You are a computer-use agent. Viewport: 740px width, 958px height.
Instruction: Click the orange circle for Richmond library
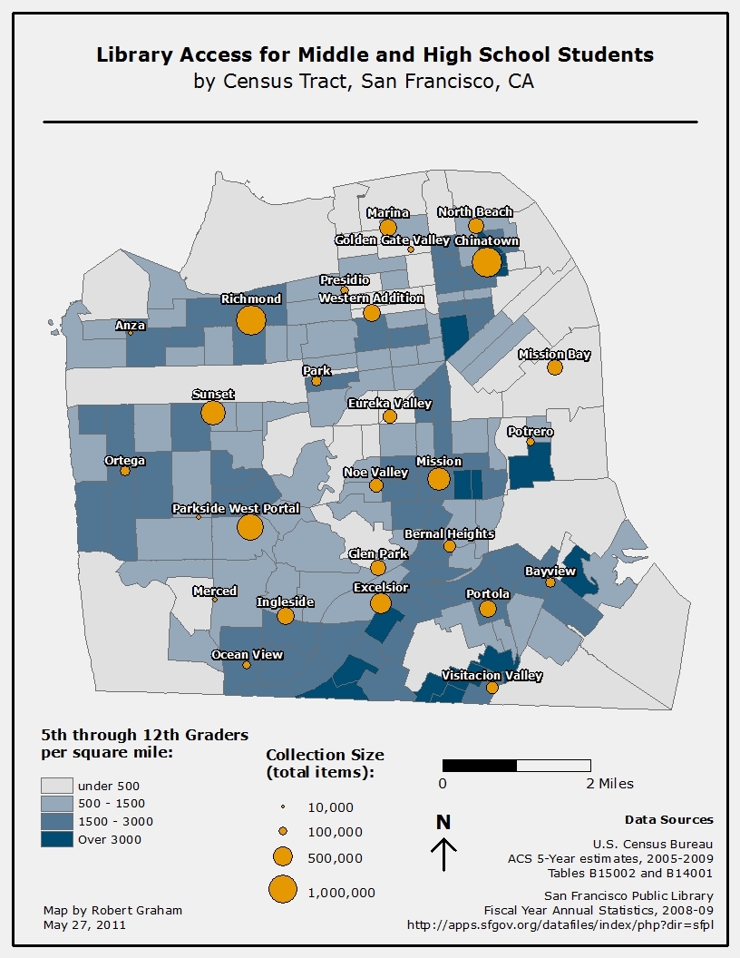point(251,319)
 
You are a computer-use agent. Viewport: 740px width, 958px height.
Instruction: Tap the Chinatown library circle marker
point(487,262)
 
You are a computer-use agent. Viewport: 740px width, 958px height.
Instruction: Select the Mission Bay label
point(554,355)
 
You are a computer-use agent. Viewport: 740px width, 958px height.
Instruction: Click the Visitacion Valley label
point(492,676)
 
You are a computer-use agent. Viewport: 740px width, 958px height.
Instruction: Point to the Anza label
point(130,325)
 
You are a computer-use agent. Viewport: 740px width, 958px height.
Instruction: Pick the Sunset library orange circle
point(213,413)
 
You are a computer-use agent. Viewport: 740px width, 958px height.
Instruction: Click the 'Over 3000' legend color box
point(56,839)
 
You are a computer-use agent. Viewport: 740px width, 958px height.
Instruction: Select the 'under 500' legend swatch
point(56,786)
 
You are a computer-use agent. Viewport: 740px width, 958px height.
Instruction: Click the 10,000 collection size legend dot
point(282,806)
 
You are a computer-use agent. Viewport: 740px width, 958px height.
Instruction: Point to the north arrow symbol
point(443,854)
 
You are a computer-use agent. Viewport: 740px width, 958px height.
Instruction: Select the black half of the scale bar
point(480,766)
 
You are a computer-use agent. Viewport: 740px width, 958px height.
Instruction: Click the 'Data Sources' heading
point(668,820)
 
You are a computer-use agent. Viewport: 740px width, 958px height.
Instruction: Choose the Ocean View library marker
point(247,665)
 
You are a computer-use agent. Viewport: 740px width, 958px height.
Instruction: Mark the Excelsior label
point(381,588)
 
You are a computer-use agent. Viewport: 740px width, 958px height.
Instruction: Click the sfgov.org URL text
point(560,925)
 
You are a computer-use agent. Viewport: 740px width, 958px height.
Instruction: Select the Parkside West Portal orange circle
point(250,527)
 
